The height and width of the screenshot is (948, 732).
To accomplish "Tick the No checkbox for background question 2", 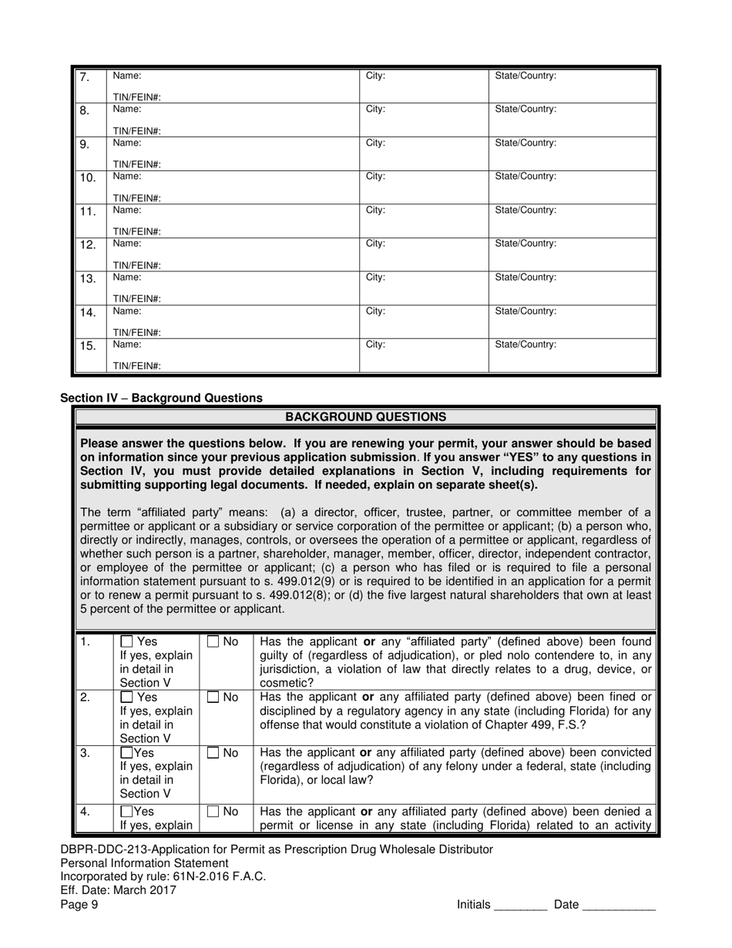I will (213, 698).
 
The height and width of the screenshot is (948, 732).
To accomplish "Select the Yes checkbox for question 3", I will (127, 753).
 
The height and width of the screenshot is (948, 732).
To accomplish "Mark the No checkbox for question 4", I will (213, 812).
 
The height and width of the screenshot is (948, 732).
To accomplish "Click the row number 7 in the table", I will (86, 77).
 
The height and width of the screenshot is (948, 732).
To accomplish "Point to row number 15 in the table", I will (88, 346).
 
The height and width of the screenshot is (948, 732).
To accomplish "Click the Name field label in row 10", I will (127, 176).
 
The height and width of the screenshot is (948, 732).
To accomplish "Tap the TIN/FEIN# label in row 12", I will (137, 265).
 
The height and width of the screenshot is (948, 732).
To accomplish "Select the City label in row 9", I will (375, 143).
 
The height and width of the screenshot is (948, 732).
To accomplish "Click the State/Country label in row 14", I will (525, 311).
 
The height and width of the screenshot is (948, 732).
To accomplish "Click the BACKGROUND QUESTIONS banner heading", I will (365, 417).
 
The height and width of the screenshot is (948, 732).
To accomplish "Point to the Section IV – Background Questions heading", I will (161, 398).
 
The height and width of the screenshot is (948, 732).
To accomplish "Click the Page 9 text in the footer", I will (79, 906).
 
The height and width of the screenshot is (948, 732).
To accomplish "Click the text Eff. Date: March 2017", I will (118, 890).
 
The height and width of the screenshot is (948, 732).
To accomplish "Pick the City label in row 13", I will (375, 277).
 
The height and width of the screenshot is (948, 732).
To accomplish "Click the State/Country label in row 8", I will (525, 109).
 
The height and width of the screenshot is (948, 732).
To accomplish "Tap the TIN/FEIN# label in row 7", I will (137, 97).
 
